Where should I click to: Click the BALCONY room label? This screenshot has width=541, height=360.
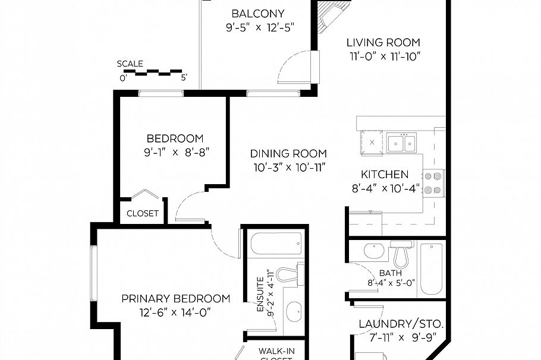pos(258,14)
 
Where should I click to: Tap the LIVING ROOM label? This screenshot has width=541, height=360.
pos(383,43)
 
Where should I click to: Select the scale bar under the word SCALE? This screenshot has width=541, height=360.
pos(153,72)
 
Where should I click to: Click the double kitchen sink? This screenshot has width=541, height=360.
pos(401,142)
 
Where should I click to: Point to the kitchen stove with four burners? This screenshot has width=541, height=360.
pos(434,183)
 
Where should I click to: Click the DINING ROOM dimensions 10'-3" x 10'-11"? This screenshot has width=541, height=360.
pos(290,168)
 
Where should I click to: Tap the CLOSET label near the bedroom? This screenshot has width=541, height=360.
pos(143,214)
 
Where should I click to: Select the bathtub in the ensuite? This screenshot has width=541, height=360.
pos(276,244)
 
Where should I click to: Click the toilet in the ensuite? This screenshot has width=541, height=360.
pos(290,274)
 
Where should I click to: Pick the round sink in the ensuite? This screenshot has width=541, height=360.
pos(294,311)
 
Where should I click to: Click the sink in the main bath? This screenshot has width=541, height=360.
pos(374,251)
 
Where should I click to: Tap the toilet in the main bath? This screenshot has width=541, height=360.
pos(401,254)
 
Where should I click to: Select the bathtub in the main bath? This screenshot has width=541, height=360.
pos(431,269)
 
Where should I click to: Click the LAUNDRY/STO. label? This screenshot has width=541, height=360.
pos(401,324)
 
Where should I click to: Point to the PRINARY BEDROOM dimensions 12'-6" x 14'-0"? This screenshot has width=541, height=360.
pos(175,312)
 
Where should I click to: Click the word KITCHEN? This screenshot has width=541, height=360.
pos(385,175)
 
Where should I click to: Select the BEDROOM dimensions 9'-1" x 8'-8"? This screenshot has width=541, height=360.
pos(177,153)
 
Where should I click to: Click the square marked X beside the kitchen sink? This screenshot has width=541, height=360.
pos(372,142)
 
